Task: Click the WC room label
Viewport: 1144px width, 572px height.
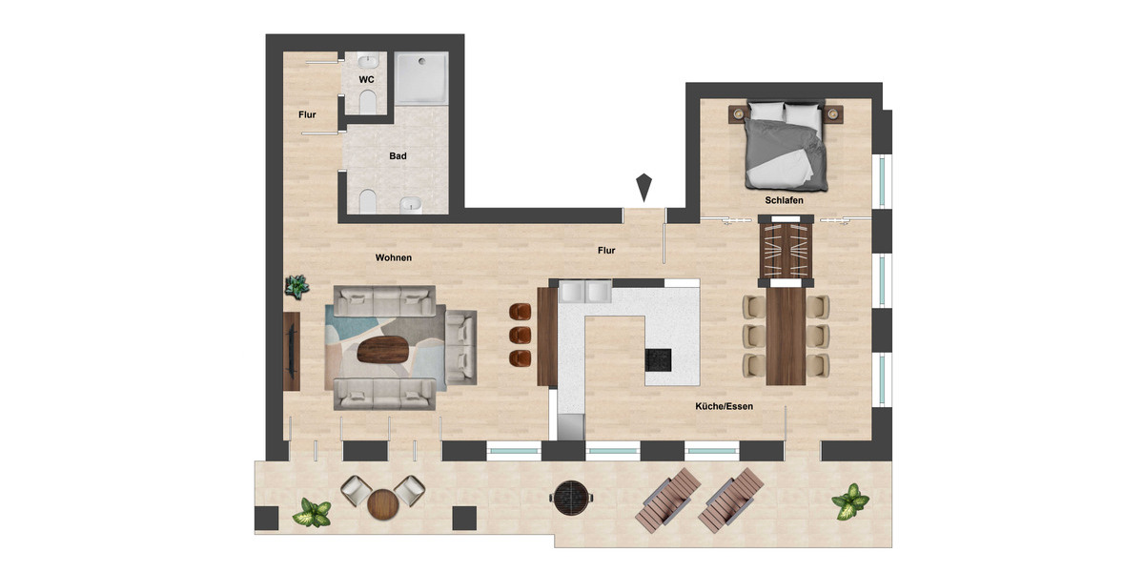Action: (365, 79)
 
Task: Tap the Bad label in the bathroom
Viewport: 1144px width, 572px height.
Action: (398, 155)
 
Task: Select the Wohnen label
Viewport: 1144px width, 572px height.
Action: (393, 257)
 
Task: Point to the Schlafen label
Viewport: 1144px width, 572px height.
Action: (784, 201)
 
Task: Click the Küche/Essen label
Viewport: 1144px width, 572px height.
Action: (725, 406)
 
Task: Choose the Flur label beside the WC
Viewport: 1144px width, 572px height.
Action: (307, 115)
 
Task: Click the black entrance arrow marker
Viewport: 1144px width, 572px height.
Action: (645, 186)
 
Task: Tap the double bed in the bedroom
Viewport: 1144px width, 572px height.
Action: (785, 143)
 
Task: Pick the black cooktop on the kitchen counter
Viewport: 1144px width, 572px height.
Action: (658, 360)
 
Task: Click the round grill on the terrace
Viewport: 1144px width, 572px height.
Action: (573, 495)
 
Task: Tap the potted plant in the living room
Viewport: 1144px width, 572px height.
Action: (297, 285)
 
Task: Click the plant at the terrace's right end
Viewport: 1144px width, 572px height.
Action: (849, 501)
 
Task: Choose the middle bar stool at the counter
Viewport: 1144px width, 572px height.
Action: (520, 335)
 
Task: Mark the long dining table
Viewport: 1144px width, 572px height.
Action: (786, 336)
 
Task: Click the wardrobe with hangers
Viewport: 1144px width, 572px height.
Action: (786, 252)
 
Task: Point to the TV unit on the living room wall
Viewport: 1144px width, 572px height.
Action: (292, 351)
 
